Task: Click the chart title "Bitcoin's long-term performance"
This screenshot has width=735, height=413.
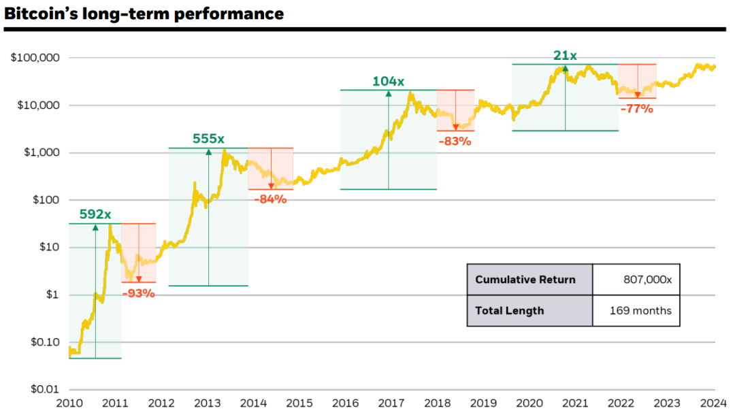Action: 144,14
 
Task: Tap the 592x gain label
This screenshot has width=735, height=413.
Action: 95,215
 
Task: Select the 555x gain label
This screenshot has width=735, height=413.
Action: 208,139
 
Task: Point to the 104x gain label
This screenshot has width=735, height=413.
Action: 388,82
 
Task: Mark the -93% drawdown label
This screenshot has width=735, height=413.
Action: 138,294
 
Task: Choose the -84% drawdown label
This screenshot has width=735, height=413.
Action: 270,199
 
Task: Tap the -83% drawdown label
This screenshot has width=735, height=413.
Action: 455,142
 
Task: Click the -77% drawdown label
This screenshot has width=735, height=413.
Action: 636,109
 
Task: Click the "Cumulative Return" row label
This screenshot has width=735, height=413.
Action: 525,280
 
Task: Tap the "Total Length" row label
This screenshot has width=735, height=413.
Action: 510,311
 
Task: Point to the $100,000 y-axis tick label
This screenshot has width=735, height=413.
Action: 35,58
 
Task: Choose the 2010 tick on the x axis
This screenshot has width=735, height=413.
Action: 69,403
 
